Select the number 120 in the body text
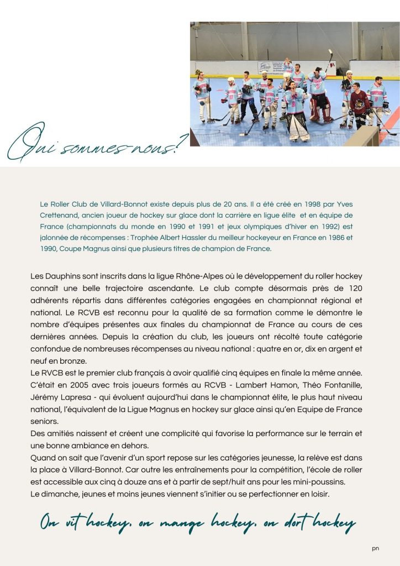(352, 288)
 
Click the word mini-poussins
(326, 481)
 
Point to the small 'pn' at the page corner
(376, 548)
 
